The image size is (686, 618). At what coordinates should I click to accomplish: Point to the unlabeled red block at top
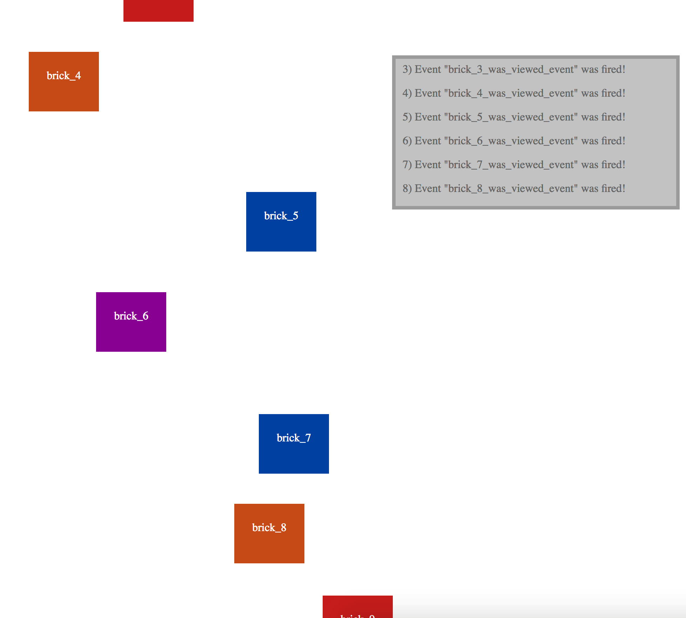click(x=158, y=11)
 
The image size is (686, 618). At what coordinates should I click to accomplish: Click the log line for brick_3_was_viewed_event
click(x=513, y=69)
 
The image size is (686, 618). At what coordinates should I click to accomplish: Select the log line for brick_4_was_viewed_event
click(x=513, y=93)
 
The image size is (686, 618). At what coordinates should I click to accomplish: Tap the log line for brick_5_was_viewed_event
click(x=513, y=117)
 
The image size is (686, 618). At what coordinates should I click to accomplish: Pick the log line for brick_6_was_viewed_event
click(x=513, y=141)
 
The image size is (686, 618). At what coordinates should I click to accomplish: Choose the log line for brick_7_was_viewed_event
click(x=513, y=165)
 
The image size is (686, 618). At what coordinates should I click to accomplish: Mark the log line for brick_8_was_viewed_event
click(x=513, y=188)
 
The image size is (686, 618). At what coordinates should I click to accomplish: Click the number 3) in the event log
click(x=407, y=69)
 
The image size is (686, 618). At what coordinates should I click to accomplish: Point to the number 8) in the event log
click(x=407, y=188)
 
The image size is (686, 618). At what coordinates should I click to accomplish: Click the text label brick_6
click(x=131, y=316)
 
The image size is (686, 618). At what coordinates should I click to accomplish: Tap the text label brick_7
click(x=294, y=438)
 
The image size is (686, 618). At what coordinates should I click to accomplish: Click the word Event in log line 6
click(x=428, y=141)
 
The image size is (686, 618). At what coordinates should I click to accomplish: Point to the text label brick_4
click(x=63, y=76)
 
